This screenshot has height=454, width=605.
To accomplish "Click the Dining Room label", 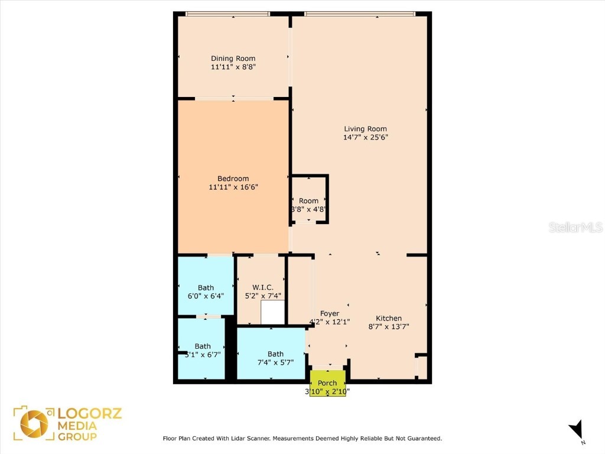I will click(x=233, y=59).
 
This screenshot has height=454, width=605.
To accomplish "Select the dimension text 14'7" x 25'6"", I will click(x=366, y=138).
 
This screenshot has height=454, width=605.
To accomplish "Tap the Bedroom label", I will click(x=233, y=179).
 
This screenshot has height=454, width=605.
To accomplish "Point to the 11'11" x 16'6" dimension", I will click(x=233, y=187).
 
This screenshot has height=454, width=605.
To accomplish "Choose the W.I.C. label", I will click(x=259, y=287).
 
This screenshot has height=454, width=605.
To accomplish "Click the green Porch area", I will click(x=327, y=383).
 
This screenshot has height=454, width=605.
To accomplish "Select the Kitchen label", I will click(x=389, y=318).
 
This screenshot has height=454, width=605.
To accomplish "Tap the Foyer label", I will click(x=330, y=313).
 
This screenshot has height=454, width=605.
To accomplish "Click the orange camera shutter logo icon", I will click(x=34, y=424).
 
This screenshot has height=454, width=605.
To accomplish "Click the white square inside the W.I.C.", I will click(x=272, y=312).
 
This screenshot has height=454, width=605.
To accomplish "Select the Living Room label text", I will click(x=366, y=129).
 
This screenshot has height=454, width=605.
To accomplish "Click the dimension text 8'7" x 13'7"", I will click(x=389, y=326).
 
